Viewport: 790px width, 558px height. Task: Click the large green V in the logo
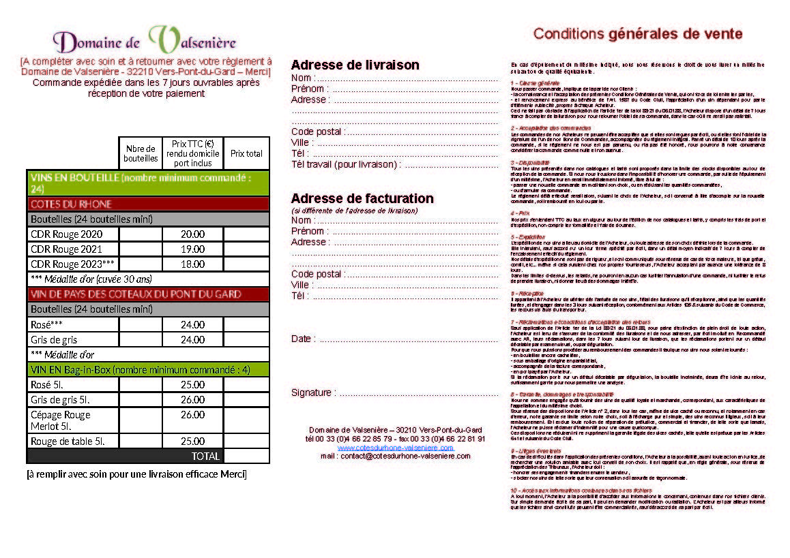pyautogui.click(x=162, y=40)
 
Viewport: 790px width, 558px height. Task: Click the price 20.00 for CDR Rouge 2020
pyautogui.click(x=192, y=234)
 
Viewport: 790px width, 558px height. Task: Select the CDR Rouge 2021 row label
pyautogui.click(x=66, y=249)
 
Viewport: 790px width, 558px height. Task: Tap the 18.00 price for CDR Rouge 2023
pyautogui.click(x=192, y=264)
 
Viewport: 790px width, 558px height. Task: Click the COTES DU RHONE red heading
pyautogui.click(x=71, y=204)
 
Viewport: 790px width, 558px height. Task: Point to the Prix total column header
pyautogui.click(x=246, y=154)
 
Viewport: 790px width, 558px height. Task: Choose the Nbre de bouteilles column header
pyautogui.click(x=141, y=154)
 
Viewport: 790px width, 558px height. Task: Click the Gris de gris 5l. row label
pyautogui.click(x=60, y=399)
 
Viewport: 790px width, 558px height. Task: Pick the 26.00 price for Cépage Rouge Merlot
pyautogui.click(x=192, y=414)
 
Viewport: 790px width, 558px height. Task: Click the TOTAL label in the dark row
pyautogui.click(x=205, y=456)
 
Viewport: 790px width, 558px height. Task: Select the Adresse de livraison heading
pyautogui.click(x=355, y=65)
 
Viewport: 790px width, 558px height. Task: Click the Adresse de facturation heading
pyautogui.click(x=362, y=198)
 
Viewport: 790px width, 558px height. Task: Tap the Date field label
pyautogui.click(x=302, y=339)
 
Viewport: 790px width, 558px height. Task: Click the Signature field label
pyautogui.click(x=312, y=392)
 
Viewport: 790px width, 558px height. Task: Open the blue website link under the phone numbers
pyautogui.click(x=395, y=448)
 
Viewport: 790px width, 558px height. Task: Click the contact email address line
pyautogui.click(x=395, y=456)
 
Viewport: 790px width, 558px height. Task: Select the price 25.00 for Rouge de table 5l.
pyautogui.click(x=192, y=441)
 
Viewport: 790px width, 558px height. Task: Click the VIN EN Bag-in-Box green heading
pyautogui.click(x=140, y=369)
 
